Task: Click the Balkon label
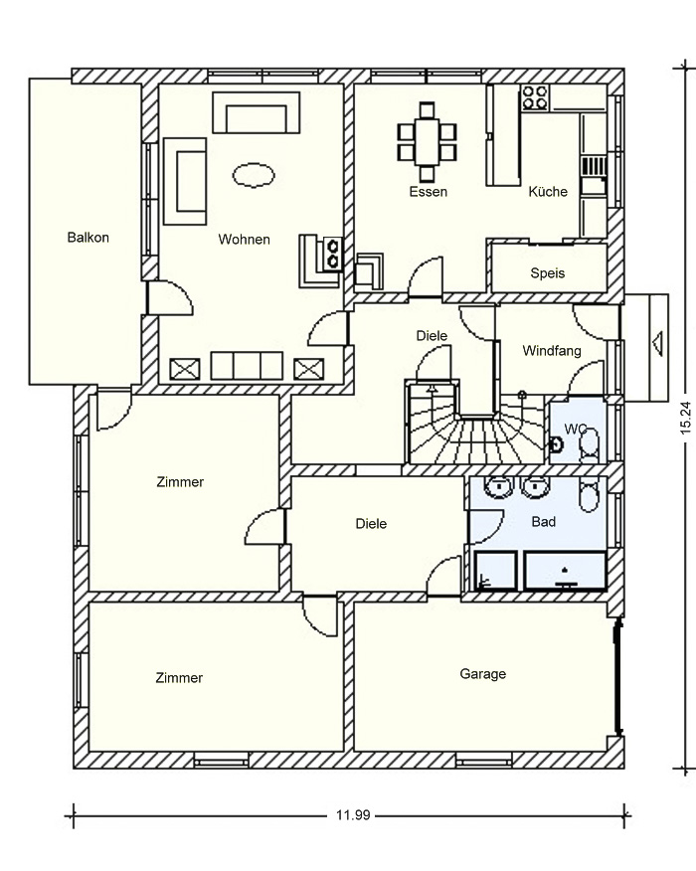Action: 87,238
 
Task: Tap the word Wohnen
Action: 244,240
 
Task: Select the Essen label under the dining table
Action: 428,192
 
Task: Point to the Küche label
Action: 548,192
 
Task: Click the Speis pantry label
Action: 547,273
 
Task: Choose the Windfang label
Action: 552,351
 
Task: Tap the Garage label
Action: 482,674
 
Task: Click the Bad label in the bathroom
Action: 543,522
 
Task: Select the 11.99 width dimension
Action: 353,815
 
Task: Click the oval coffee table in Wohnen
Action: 254,175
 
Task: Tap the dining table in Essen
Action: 427,141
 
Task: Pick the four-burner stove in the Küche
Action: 535,97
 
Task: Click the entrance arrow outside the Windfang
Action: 657,343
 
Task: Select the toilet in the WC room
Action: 589,444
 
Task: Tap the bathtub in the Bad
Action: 565,571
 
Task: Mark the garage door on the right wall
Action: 617,679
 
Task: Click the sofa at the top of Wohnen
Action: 257,112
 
